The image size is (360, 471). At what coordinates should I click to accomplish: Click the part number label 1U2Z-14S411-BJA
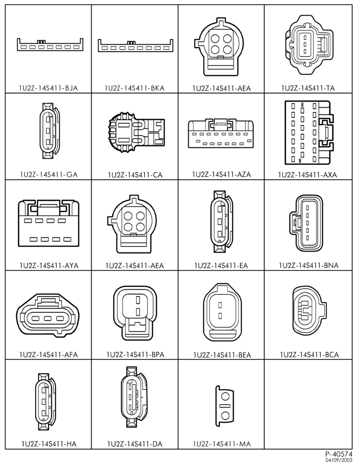pyautogui.click(x=48, y=88)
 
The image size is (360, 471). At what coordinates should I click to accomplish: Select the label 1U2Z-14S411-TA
pyautogui.click(x=308, y=88)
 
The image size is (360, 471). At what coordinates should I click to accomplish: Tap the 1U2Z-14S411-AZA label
pyautogui.click(x=221, y=174)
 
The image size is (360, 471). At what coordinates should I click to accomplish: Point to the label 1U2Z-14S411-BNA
pyautogui.click(x=309, y=265)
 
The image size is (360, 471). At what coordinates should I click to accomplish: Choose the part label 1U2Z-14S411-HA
pyautogui.click(x=49, y=444)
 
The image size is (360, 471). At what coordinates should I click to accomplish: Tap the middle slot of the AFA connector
pyautogui.click(x=48, y=318)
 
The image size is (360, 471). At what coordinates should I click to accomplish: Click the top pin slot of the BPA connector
pyautogui.click(x=138, y=300)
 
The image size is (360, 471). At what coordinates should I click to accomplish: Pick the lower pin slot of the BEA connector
pyautogui.click(x=220, y=316)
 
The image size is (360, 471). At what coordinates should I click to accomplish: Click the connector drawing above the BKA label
pyautogui.click(x=136, y=46)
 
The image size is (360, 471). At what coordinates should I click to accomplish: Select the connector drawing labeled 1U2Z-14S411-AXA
pyautogui.click(x=309, y=133)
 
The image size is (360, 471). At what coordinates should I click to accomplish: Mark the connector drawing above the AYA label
pyautogui.click(x=49, y=224)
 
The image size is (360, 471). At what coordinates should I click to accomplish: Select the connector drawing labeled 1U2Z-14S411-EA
pyautogui.click(x=222, y=221)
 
